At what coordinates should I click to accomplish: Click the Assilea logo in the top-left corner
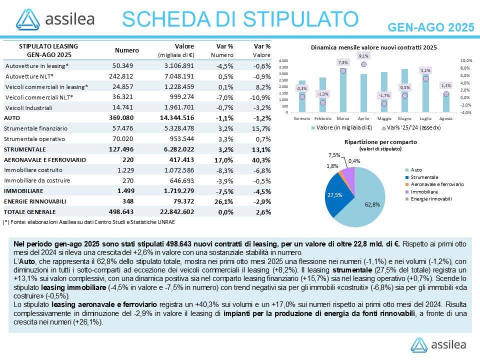(55, 19)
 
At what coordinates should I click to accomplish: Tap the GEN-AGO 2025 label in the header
(431, 26)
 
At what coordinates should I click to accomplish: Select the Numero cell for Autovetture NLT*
(123, 76)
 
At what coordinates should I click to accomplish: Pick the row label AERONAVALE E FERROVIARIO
(45, 159)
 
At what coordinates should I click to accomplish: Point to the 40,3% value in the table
(261, 159)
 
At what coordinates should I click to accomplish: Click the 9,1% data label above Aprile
(363, 56)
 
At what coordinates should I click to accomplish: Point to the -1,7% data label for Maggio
(384, 95)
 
